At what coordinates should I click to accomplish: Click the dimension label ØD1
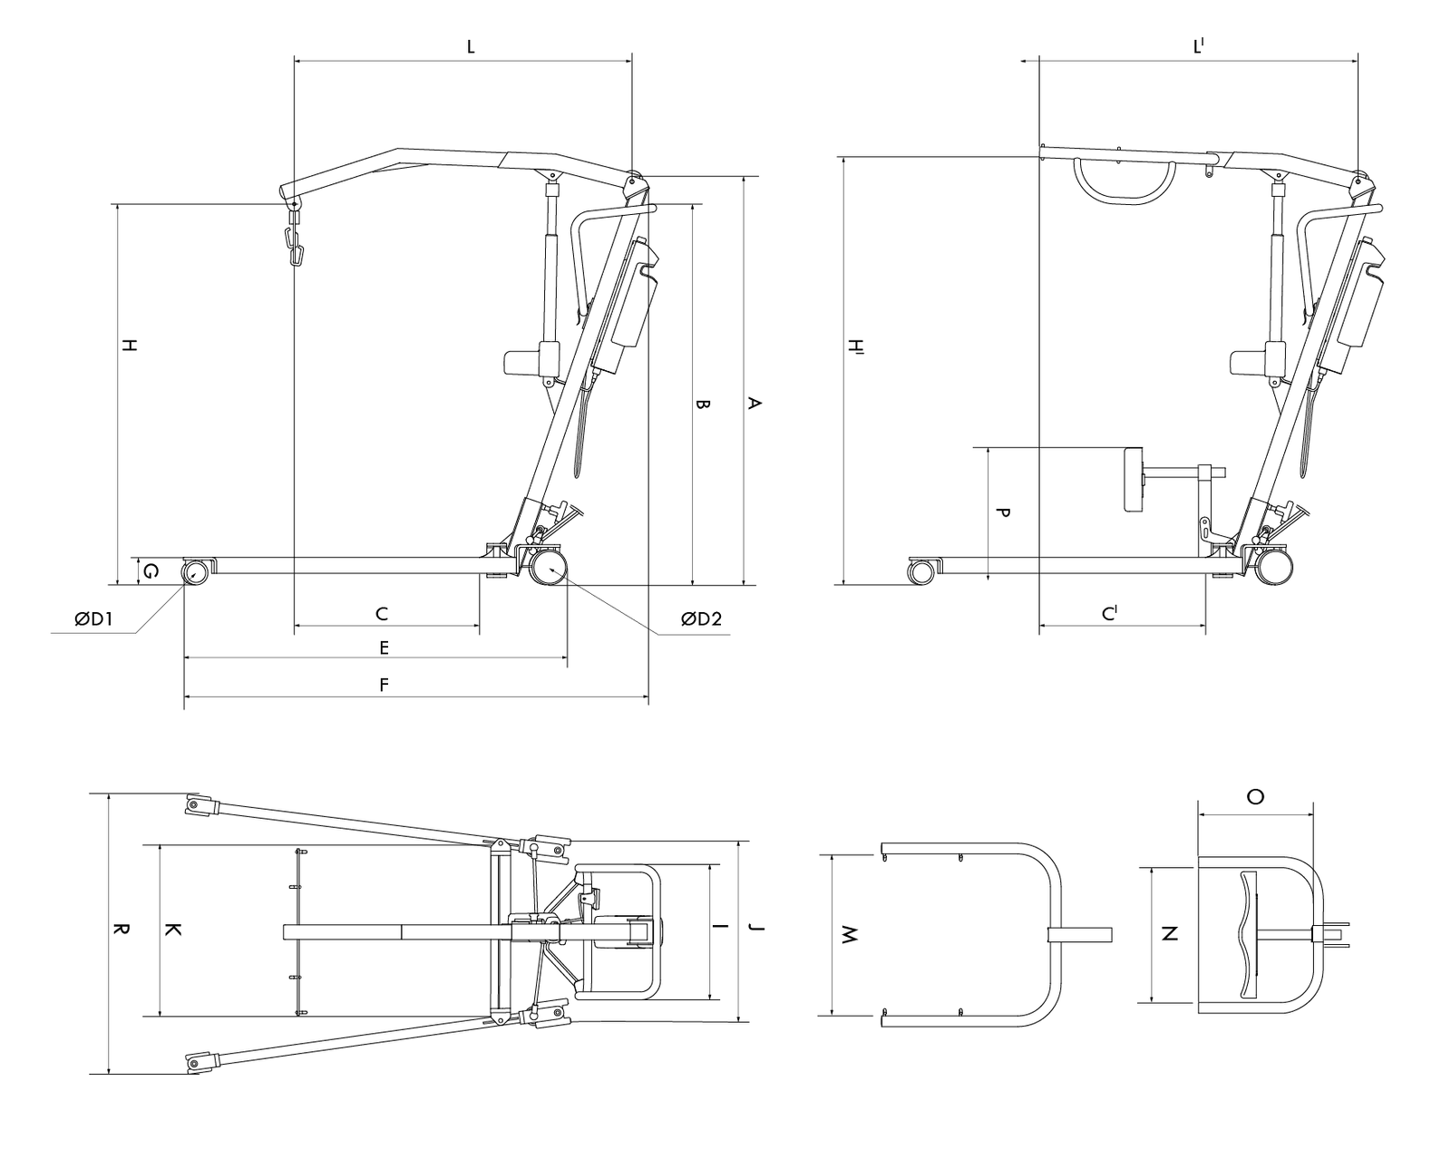[x=94, y=620]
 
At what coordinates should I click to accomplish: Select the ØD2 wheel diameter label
[x=701, y=619]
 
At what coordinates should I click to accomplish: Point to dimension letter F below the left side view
[x=384, y=685]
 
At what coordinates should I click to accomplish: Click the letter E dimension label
[x=384, y=648]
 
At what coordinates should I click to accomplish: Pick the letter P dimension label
[x=1002, y=512]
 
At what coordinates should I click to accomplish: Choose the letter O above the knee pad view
[x=1255, y=797]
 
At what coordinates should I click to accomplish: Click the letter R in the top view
[x=121, y=930]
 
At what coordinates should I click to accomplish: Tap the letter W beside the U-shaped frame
[x=849, y=935]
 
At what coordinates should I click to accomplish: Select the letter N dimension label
[x=1170, y=933]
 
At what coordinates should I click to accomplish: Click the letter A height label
[x=752, y=404]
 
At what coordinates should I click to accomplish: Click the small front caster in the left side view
[x=196, y=572]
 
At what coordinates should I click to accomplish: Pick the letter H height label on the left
[x=130, y=346]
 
